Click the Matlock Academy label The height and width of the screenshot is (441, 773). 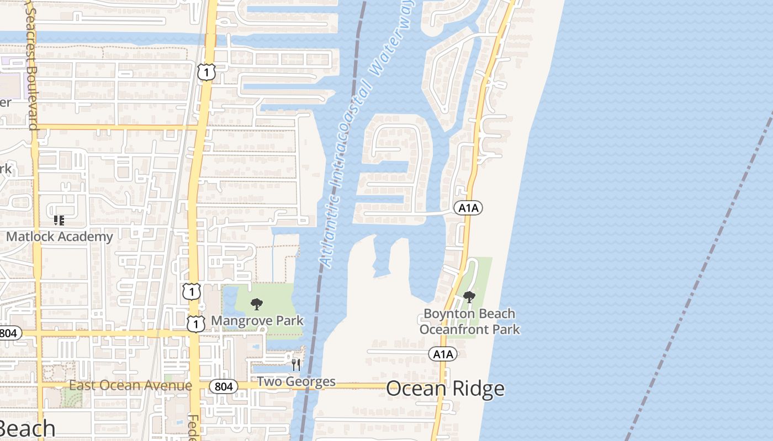tap(60, 237)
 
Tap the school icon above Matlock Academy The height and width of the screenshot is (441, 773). tap(59, 220)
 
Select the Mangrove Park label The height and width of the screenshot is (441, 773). tap(257, 320)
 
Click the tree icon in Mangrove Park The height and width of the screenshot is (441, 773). tap(256, 304)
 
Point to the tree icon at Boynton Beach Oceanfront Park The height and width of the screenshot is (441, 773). tap(469, 297)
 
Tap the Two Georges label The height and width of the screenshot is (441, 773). tap(296, 381)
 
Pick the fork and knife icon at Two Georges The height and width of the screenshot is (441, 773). tap(296, 364)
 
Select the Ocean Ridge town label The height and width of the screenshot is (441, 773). tap(445, 389)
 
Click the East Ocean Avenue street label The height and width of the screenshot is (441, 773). tap(130, 385)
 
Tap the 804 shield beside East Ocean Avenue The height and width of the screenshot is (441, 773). tap(224, 386)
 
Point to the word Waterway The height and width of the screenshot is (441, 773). tap(393, 40)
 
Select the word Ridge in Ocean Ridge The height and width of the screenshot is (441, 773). tap(479, 389)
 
